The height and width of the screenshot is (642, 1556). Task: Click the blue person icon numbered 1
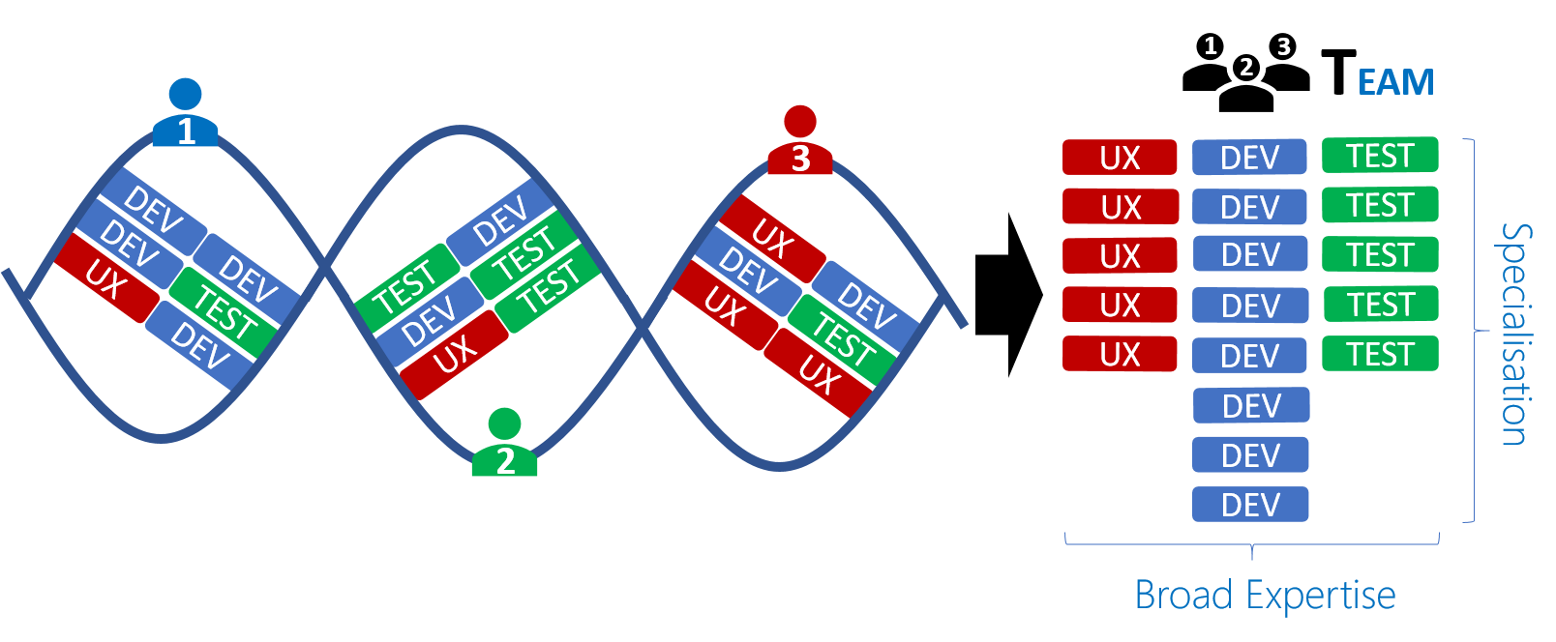(185, 116)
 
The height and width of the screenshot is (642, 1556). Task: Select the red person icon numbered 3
(799, 143)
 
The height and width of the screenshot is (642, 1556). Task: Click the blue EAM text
(1395, 83)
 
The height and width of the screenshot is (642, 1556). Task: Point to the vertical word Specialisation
(1515, 334)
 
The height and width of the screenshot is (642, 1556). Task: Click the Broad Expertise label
(1265, 595)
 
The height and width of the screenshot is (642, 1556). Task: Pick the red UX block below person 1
(106, 278)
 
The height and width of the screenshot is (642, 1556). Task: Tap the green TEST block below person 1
(224, 312)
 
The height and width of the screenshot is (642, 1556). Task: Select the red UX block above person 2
(455, 354)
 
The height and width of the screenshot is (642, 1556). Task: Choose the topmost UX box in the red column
(1120, 158)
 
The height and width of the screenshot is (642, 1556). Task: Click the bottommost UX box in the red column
(1120, 355)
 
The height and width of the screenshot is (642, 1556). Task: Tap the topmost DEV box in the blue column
(1249, 158)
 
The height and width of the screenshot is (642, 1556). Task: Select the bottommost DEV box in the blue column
(1250, 505)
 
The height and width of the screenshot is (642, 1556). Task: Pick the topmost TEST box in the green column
(1380, 156)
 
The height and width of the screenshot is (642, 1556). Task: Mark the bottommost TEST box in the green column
(1380, 354)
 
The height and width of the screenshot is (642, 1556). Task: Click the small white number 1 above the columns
(1210, 45)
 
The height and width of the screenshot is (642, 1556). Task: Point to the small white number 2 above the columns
(1246, 67)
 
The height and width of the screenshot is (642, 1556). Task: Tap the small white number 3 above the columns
(1283, 46)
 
